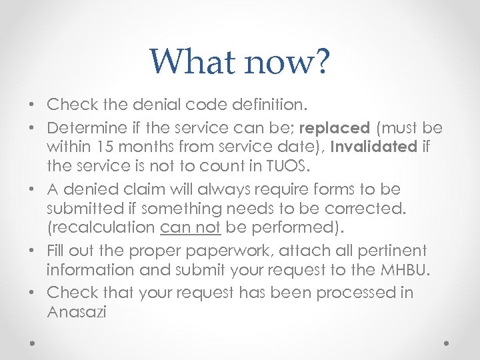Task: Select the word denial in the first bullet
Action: coord(155,105)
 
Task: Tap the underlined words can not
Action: coord(191,227)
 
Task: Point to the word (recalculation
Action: coord(101,227)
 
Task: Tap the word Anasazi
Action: coord(77,311)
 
